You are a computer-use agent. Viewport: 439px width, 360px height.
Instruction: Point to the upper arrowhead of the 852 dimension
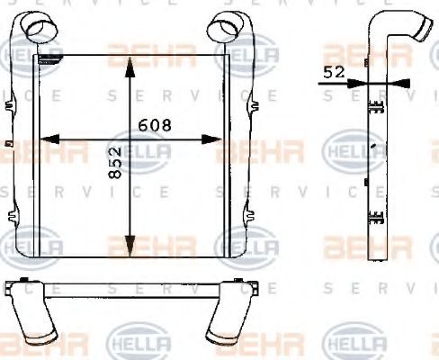pyautogui.click(x=131, y=65)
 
